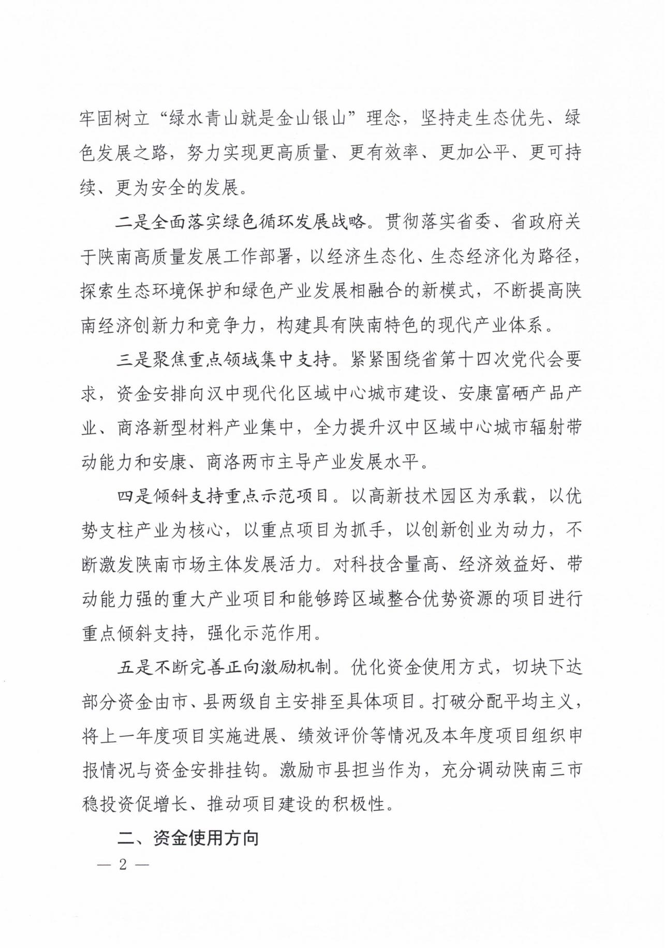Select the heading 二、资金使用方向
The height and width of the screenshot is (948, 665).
pos(188,838)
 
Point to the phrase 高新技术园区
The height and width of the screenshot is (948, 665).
pos(420,496)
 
